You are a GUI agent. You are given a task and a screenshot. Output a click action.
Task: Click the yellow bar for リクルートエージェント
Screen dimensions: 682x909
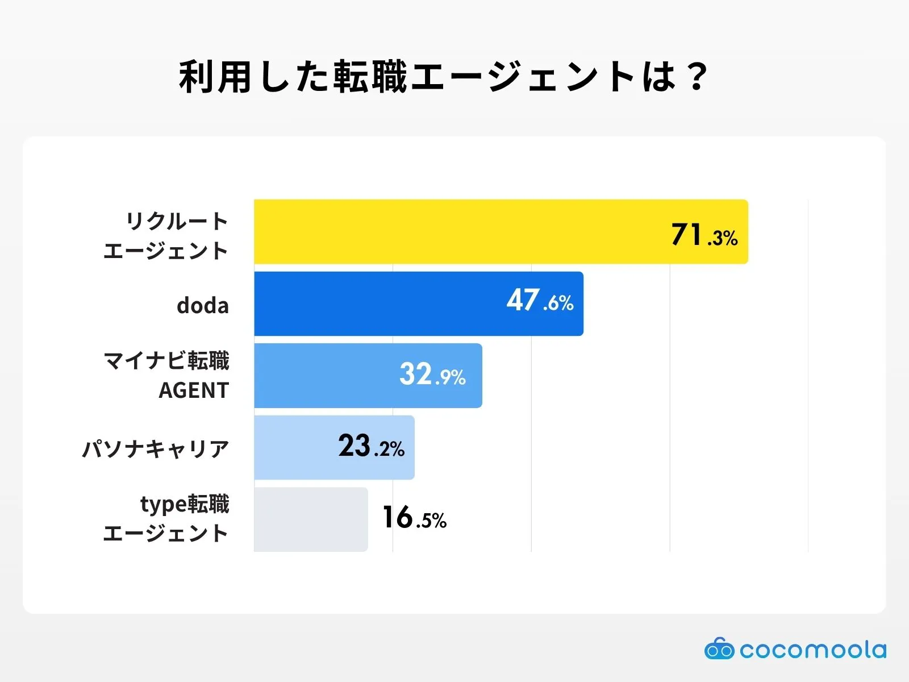[x=454, y=232]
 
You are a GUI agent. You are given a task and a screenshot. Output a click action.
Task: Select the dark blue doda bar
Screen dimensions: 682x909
[x=375, y=303]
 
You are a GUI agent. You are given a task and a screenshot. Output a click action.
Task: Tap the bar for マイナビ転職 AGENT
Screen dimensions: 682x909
[x=324, y=376]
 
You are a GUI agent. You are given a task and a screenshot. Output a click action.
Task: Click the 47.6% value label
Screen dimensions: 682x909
[x=540, y=301]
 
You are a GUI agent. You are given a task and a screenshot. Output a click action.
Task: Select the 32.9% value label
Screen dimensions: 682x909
[x=432, y=375]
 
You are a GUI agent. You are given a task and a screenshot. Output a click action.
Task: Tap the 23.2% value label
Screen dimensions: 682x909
[x=371, y=446]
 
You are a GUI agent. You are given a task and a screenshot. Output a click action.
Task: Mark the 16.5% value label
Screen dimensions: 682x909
[x=414, y=518]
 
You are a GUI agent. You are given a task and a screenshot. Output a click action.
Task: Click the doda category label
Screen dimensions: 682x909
[x=203, y=306]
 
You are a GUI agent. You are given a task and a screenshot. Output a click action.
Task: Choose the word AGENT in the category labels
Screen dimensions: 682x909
[x=194, y=390]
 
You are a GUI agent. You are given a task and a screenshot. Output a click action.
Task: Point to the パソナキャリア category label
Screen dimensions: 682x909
[x=156, y=449]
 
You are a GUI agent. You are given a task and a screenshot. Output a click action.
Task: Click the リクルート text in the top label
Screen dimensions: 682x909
[x=177, y=221]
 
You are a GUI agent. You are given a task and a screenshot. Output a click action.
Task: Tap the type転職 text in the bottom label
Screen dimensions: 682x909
[x=185, y=504]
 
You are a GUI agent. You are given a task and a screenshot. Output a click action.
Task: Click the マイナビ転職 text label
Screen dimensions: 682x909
[x=166, y=361]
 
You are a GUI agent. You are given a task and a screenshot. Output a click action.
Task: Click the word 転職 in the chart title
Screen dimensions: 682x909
[x=370, y=77]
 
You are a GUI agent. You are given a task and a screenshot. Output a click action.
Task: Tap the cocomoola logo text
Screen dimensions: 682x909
[x=812, y=650]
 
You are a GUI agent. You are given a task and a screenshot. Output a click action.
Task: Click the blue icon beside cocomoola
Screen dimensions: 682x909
[x=719, y=649]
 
